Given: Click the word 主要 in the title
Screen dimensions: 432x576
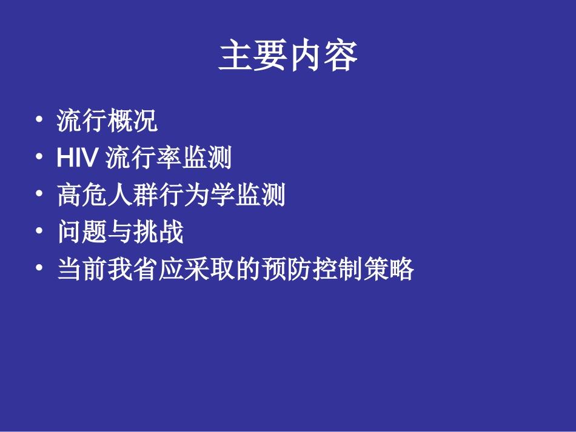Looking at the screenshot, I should (x=253, y=56).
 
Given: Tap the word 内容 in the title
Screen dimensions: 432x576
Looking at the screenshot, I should (x=323, y=56).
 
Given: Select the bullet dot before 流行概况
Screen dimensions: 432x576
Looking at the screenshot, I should (x=39, y=119).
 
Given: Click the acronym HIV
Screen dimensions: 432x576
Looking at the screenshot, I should (x=77, y=159).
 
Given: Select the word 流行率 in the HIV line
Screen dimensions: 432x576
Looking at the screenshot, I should (x=142, y=159).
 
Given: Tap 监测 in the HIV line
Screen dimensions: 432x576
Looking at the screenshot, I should (x=206, y=159).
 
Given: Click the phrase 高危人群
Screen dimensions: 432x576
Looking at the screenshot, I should (x=108, y=196).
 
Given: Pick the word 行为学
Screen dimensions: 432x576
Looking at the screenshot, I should (x=196, y=196).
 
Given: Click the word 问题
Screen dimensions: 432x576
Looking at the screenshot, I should (x=82, y=233).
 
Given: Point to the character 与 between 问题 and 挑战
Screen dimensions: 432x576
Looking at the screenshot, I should (x=120, y=233).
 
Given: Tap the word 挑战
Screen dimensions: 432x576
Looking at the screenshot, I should (x=158, y=233).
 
